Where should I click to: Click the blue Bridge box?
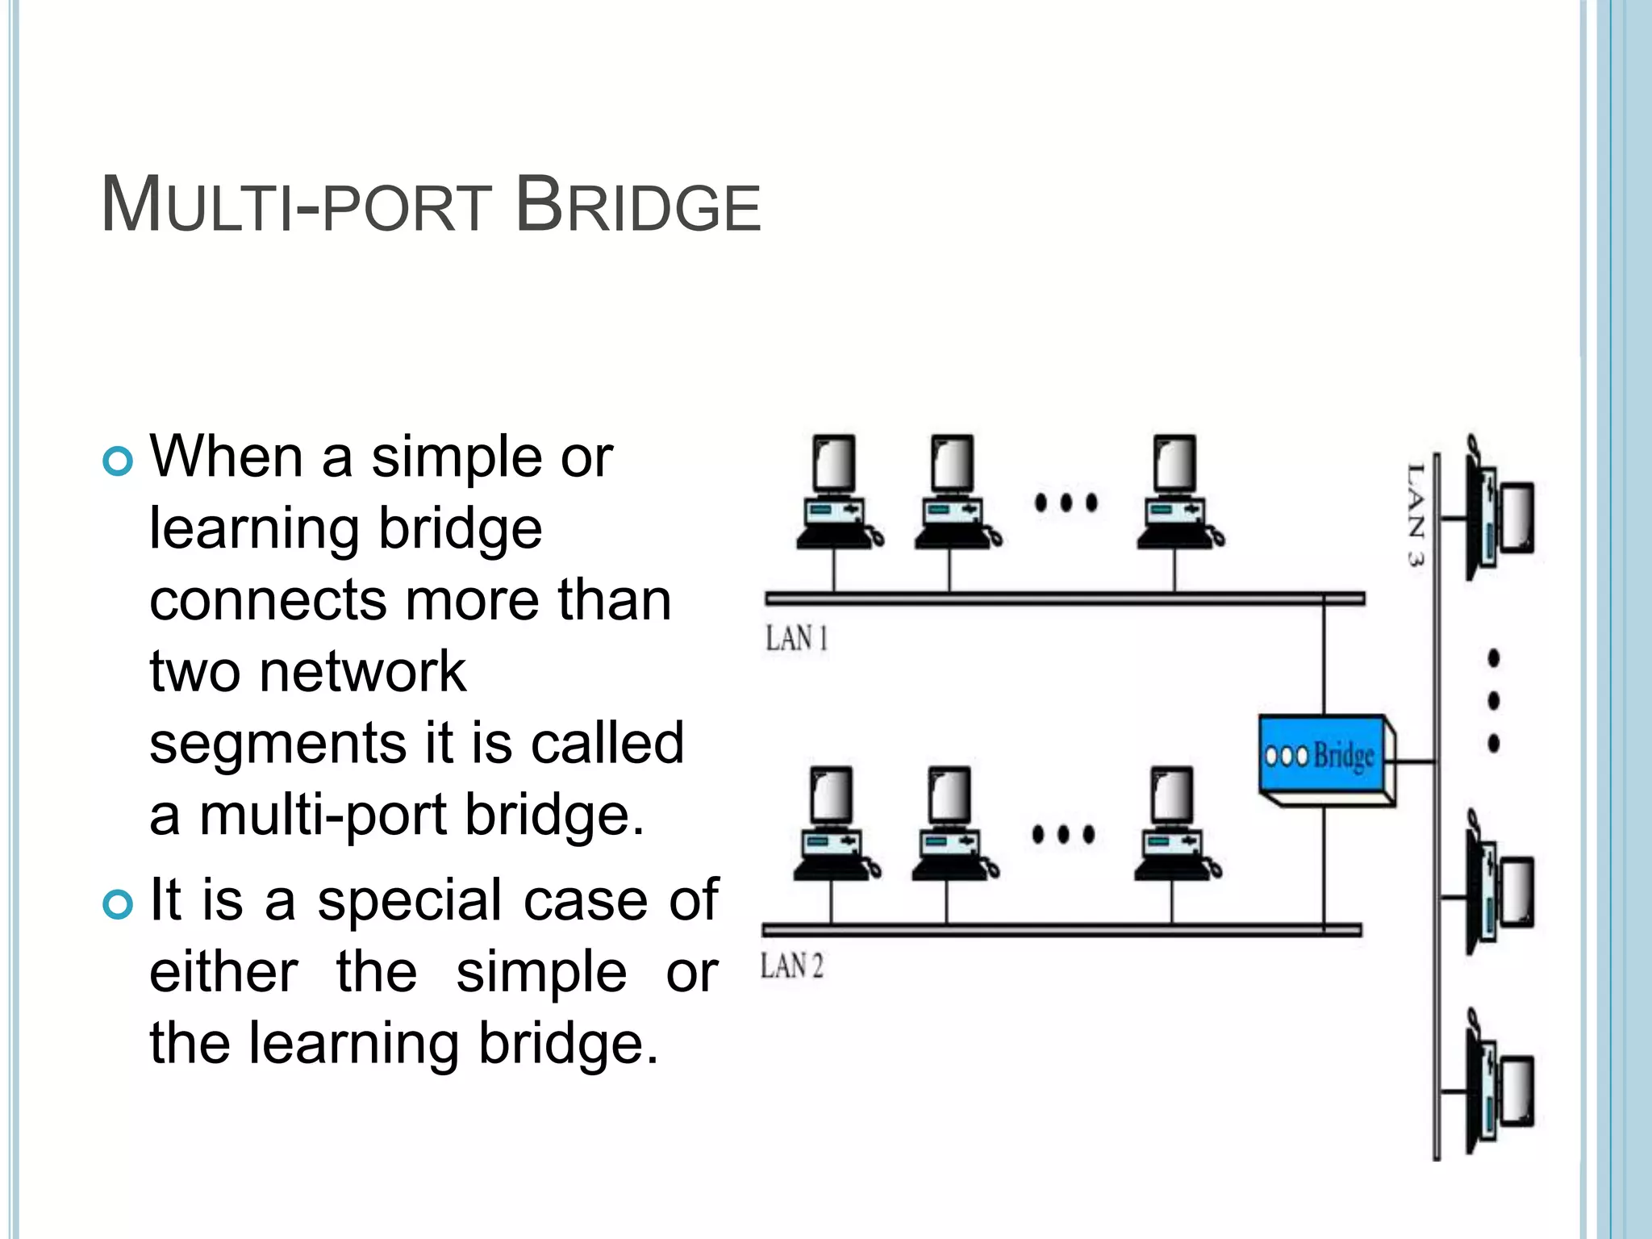point(1325,757)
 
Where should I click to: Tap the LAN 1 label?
point(796,639)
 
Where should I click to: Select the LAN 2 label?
point(792,966)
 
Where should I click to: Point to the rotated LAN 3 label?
point(1415,515)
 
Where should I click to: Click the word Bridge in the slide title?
point(637,206)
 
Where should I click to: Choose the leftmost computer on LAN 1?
point(836,494)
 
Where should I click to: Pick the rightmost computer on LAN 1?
point(1178,494)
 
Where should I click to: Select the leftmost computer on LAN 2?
point(833,824)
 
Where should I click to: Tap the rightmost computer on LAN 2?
point(1174,824)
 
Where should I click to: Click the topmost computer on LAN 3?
point(1500,510)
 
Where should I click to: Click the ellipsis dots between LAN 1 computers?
point(1066,503)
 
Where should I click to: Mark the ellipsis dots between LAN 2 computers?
point(1063,834)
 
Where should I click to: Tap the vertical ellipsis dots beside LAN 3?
point(1493,700)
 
